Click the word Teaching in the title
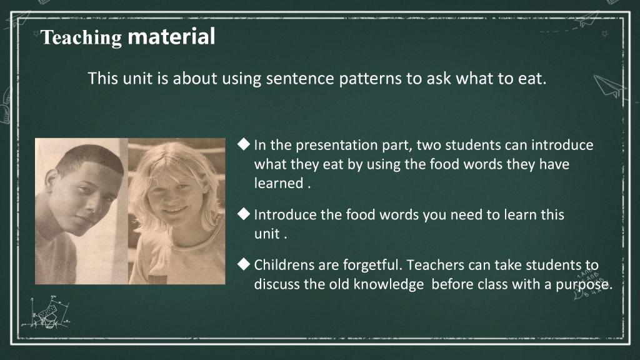point(81,38)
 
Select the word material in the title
point(171,36)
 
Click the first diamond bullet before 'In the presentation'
point(244,144)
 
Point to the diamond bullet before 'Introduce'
point(244,214)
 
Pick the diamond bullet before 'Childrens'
point(244,264)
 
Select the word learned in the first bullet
point(278,183)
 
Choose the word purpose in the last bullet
point(584,285)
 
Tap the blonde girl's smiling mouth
point(176,210)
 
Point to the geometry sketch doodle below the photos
point(46,312)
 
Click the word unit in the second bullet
point(267,234)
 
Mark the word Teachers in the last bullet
point(435,265)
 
